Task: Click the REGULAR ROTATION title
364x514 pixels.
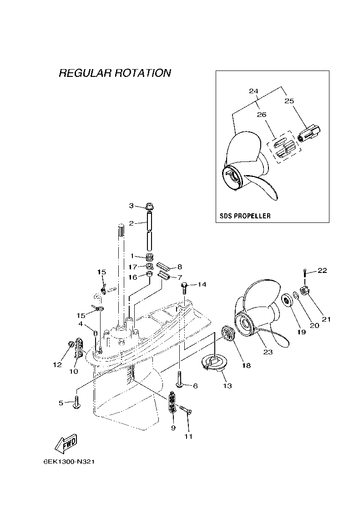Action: point(115,73)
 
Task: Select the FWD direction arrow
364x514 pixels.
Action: point(65,443)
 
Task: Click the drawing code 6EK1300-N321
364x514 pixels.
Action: point(69,461)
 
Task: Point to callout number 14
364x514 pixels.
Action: point(202,285)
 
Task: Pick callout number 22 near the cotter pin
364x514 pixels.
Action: point(322,271)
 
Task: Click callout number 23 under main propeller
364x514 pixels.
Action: point(268,352)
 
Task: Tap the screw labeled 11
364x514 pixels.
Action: point(186,410)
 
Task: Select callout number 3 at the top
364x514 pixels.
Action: point(131,206)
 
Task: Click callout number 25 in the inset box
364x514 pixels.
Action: point(289,101)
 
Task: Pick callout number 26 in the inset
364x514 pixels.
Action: point(262,115)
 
